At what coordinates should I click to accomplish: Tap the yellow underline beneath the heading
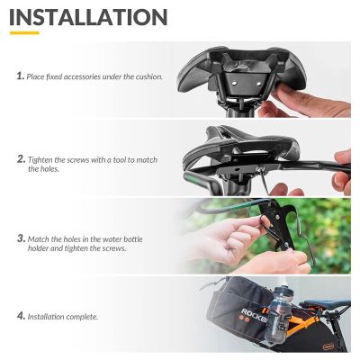23,33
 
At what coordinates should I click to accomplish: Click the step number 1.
20,76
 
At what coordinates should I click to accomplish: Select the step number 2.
20,159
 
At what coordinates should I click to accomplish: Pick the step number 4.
20,316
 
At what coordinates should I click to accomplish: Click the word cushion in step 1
148,77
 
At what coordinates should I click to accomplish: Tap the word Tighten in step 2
42,159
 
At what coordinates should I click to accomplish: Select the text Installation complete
62,317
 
